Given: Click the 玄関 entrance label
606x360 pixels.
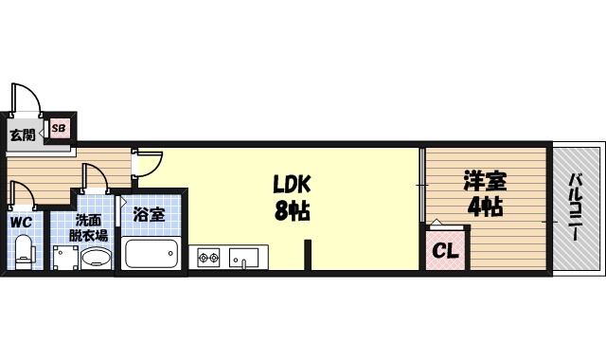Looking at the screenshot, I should [23, 135].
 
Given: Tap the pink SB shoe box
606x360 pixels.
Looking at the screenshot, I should [59, 128].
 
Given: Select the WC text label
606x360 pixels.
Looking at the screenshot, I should [22, 222].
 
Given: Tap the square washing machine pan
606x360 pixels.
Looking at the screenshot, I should [64, 258].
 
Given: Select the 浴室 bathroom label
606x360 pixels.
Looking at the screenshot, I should [150, 215].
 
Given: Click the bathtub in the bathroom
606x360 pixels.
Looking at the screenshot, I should [151, 254].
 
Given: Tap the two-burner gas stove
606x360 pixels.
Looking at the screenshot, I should [209, 257].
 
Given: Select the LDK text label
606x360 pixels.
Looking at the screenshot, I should [293, 183].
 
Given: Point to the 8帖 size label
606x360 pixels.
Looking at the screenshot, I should [293, 210].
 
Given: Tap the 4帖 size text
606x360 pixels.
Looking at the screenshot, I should [483, 207].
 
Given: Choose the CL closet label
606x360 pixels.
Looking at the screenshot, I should [445, 251].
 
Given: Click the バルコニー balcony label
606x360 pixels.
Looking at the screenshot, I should [576, 208].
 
